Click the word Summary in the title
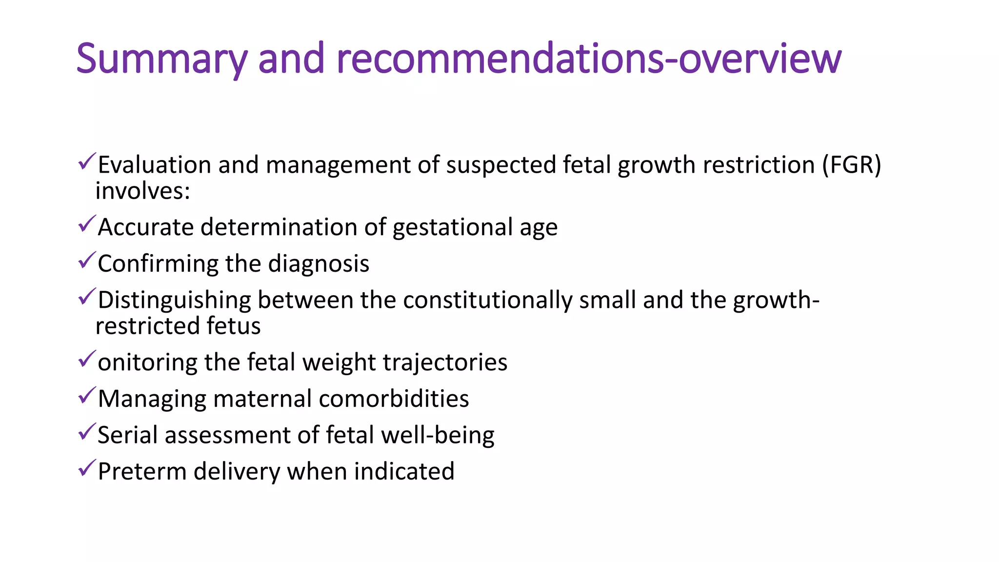pos(161,59)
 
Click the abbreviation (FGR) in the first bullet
pos(852,165)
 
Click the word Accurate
pos(146,227)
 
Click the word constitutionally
pos(488,300)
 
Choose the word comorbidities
pos(394,399)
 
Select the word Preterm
pos(142,472)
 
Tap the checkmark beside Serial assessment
pos(86,432)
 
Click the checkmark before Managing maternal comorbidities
pos(86,396)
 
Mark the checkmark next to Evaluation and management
pos(86,162)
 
